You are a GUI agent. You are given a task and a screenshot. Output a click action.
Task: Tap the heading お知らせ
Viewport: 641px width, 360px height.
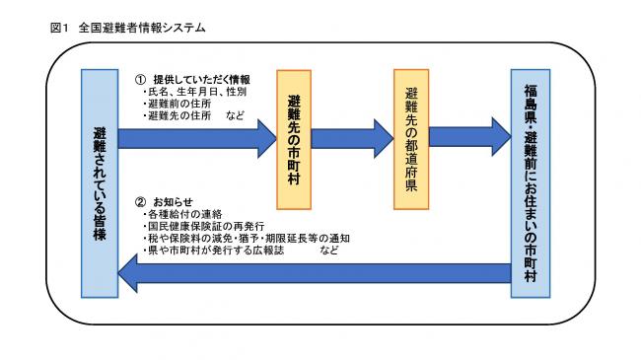pyautogui.click(x=173, y=200)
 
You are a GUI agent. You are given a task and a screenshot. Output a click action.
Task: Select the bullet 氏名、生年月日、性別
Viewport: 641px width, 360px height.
pyautogui.click(x=194, y=92)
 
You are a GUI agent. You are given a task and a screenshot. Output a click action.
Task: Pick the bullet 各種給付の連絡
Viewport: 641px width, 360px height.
pyautogui.click(x=182, y=214)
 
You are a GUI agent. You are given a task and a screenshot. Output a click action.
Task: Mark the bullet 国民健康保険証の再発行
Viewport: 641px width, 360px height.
pyautogui.click(x=203, y=226)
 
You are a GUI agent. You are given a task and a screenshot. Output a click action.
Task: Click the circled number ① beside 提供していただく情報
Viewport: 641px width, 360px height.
pyautogui.click(x=141, y=79)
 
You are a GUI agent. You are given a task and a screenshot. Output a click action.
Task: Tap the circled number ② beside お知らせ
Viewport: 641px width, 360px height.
pyautogui.click(x=141, y=200)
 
